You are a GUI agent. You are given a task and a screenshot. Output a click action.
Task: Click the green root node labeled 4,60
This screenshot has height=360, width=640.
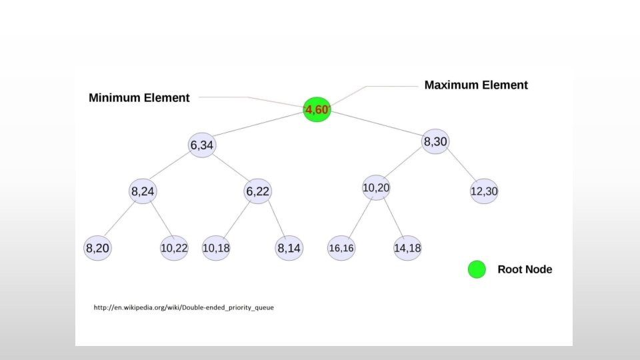pos(317,109)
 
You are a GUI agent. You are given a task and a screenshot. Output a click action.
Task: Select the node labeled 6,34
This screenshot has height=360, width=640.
pos(202,145)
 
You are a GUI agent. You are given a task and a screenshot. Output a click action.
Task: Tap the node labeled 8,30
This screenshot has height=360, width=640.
pos(435,141)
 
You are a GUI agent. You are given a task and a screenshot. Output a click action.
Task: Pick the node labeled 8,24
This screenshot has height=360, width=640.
pos(143,192)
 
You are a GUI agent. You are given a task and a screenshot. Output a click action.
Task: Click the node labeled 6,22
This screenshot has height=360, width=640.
pos(257,192)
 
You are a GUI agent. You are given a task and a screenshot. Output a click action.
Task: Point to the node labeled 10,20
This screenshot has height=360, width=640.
pos(376,188)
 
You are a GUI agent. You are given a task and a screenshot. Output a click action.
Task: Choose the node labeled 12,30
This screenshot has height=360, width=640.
pos(484,191)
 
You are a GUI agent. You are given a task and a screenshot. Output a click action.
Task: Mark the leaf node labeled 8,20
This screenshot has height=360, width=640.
pos(97,249)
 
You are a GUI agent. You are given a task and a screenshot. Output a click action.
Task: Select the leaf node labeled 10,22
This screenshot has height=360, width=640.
pos(174,249)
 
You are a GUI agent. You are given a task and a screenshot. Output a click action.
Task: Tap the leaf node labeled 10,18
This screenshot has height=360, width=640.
pos(215,249)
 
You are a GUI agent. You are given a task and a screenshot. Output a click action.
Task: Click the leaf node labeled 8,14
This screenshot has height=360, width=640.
pos(289,249)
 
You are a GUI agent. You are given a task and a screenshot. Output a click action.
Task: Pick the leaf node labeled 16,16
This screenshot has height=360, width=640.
pos(341,249)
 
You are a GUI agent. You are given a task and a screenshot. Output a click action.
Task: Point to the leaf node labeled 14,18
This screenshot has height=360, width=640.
pos(407,249)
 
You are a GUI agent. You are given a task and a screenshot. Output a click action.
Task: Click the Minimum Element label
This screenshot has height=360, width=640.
pos(139,98)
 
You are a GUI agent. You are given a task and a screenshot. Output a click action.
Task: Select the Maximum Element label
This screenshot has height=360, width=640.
pos(476,85)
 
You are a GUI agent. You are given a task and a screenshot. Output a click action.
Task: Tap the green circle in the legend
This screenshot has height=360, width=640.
pos(476,270)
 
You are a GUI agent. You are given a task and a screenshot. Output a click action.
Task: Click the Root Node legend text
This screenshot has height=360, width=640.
pos(525,270)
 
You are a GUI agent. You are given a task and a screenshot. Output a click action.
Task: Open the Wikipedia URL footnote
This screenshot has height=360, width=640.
pos(183,308)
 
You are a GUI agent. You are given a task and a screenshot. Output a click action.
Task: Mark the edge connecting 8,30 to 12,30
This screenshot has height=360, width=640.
pos(461,167)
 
